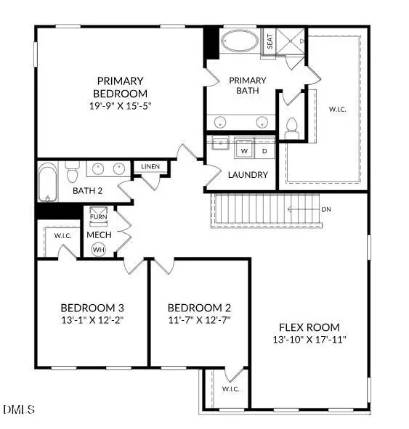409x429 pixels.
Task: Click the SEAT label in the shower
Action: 270,41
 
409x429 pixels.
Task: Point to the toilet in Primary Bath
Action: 293,128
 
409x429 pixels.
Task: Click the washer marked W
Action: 244,151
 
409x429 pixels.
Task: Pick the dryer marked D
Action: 264,151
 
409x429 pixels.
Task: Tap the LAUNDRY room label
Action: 248,175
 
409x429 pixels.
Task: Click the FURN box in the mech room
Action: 98,217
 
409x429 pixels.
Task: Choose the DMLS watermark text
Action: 19,410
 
